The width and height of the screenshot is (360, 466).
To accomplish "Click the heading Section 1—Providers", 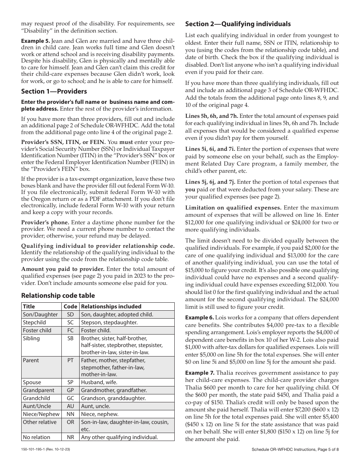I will [54, 91].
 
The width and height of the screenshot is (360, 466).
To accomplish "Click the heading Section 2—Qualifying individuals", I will [238, 24].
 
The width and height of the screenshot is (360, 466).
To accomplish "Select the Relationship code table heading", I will [58, 296].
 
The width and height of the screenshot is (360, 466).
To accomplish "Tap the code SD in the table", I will [70, 314].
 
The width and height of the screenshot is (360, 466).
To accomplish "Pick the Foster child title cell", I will [37, 330].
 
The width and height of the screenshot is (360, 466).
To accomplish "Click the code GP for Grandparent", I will [70, 390].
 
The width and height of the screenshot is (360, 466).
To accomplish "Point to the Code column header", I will [70, 306].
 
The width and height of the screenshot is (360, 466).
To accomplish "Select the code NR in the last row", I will [70, 437].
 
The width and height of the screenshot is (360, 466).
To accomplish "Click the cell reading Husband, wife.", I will [99, 382].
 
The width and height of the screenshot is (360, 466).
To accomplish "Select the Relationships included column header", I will [111, 306].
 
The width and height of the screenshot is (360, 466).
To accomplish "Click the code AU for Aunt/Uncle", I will [70, 406].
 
